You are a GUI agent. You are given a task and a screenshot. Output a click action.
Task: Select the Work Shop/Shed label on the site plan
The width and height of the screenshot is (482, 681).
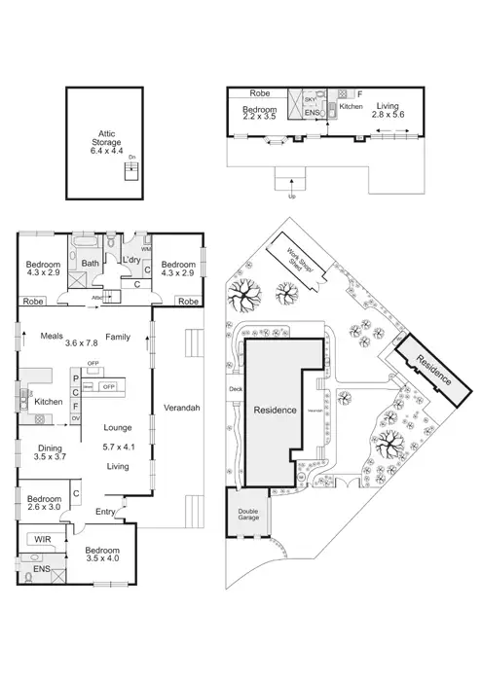click(299, 265)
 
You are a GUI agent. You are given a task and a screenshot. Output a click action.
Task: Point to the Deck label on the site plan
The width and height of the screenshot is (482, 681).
click(234, 390)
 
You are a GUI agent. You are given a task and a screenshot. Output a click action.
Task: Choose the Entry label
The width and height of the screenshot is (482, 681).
click(104, 512)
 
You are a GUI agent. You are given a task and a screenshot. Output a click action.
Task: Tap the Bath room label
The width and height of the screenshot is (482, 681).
click(90, 264)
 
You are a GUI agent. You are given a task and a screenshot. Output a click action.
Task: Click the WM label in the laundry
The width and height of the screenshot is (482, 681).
click(145, 250)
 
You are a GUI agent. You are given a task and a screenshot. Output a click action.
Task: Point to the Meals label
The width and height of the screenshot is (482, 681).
click(53, 337)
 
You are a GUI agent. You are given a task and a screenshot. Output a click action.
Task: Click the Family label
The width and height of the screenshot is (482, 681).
click(118, 337)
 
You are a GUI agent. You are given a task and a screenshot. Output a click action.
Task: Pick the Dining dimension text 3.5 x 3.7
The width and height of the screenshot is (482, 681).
click(48, 456)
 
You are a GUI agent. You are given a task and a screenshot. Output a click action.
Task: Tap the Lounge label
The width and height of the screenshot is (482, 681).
click(118, 425)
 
